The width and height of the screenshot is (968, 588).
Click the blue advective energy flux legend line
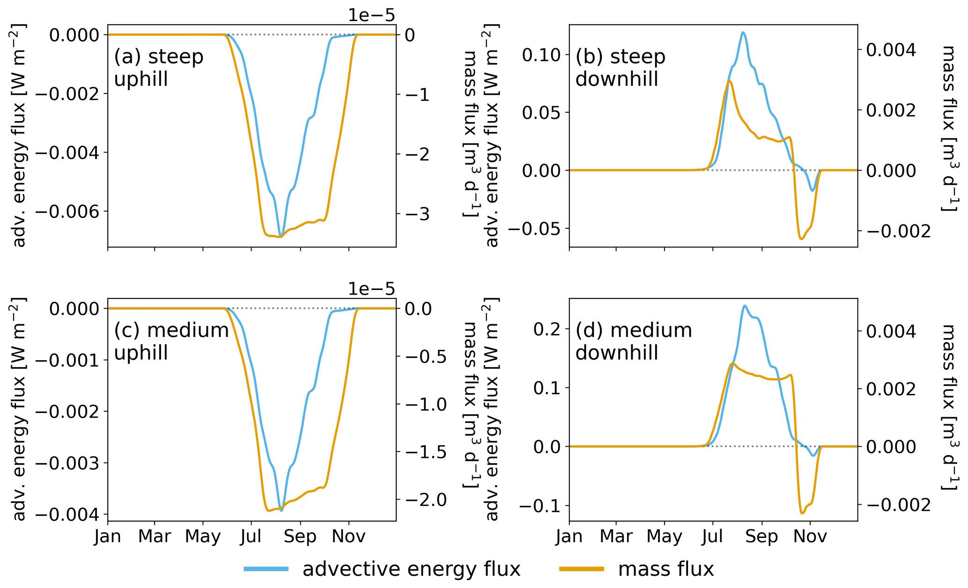[266, 569]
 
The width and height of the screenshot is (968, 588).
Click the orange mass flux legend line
[582, 569]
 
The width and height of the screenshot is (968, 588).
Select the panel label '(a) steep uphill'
[158, 68]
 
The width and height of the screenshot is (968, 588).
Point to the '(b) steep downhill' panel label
[620, 68]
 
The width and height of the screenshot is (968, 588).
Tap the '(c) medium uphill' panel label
[171, 341]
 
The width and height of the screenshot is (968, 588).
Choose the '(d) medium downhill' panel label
[633, 341]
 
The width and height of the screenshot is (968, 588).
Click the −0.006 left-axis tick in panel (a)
[68, 211]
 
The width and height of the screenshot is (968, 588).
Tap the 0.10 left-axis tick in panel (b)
[541, 55]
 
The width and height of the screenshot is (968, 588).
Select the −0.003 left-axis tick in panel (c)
[68, 463]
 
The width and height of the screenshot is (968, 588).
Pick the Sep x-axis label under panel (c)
[300, 536]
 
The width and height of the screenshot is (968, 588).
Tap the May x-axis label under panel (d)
[664, 536]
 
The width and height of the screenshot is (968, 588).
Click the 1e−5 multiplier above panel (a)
[371, 15]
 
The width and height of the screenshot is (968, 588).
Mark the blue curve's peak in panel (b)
[743, 32]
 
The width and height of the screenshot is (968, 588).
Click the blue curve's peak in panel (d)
[744, 306]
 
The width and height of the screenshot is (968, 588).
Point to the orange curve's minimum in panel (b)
[801, 239]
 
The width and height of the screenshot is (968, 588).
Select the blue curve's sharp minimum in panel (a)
[280, 235]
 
